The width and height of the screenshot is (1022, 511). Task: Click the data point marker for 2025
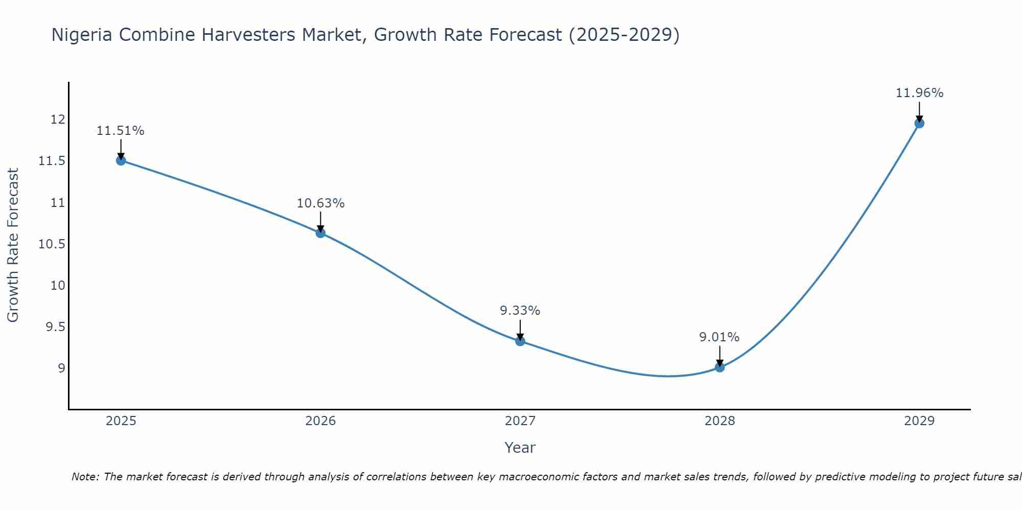[x=121, y=160]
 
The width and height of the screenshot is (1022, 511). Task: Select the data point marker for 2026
[x=320, y=233]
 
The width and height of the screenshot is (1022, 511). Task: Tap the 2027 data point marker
[x=520, y=341]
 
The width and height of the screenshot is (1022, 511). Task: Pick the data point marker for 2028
[x=719, y=367]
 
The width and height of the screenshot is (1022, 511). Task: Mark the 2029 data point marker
[x=919, y=123]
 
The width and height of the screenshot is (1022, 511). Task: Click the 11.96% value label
[x=919, y=93]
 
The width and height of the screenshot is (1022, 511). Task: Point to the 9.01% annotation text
[x=719, y=337]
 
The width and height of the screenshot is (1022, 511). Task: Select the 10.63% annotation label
[x=320, y=203]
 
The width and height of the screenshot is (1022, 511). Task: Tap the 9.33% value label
[x=520, y=311]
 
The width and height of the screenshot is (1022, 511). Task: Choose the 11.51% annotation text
[x=121, y=131]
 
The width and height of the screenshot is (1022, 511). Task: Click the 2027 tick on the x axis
[x=520, y=421]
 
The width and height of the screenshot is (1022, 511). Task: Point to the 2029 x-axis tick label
[x=919, y=421]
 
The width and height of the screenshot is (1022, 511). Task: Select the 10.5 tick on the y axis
[x=52, y=244]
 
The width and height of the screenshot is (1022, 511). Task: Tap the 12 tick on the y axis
[x=58, y=120]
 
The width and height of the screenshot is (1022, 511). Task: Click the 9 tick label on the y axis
[x=61, y=368]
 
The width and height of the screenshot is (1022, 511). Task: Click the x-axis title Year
[x=520, y=448]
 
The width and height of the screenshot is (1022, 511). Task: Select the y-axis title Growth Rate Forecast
[x=13, y=245]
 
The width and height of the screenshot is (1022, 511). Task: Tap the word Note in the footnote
[x=85, y=477]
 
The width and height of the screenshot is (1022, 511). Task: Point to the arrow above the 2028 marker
[x=719, y=356]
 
